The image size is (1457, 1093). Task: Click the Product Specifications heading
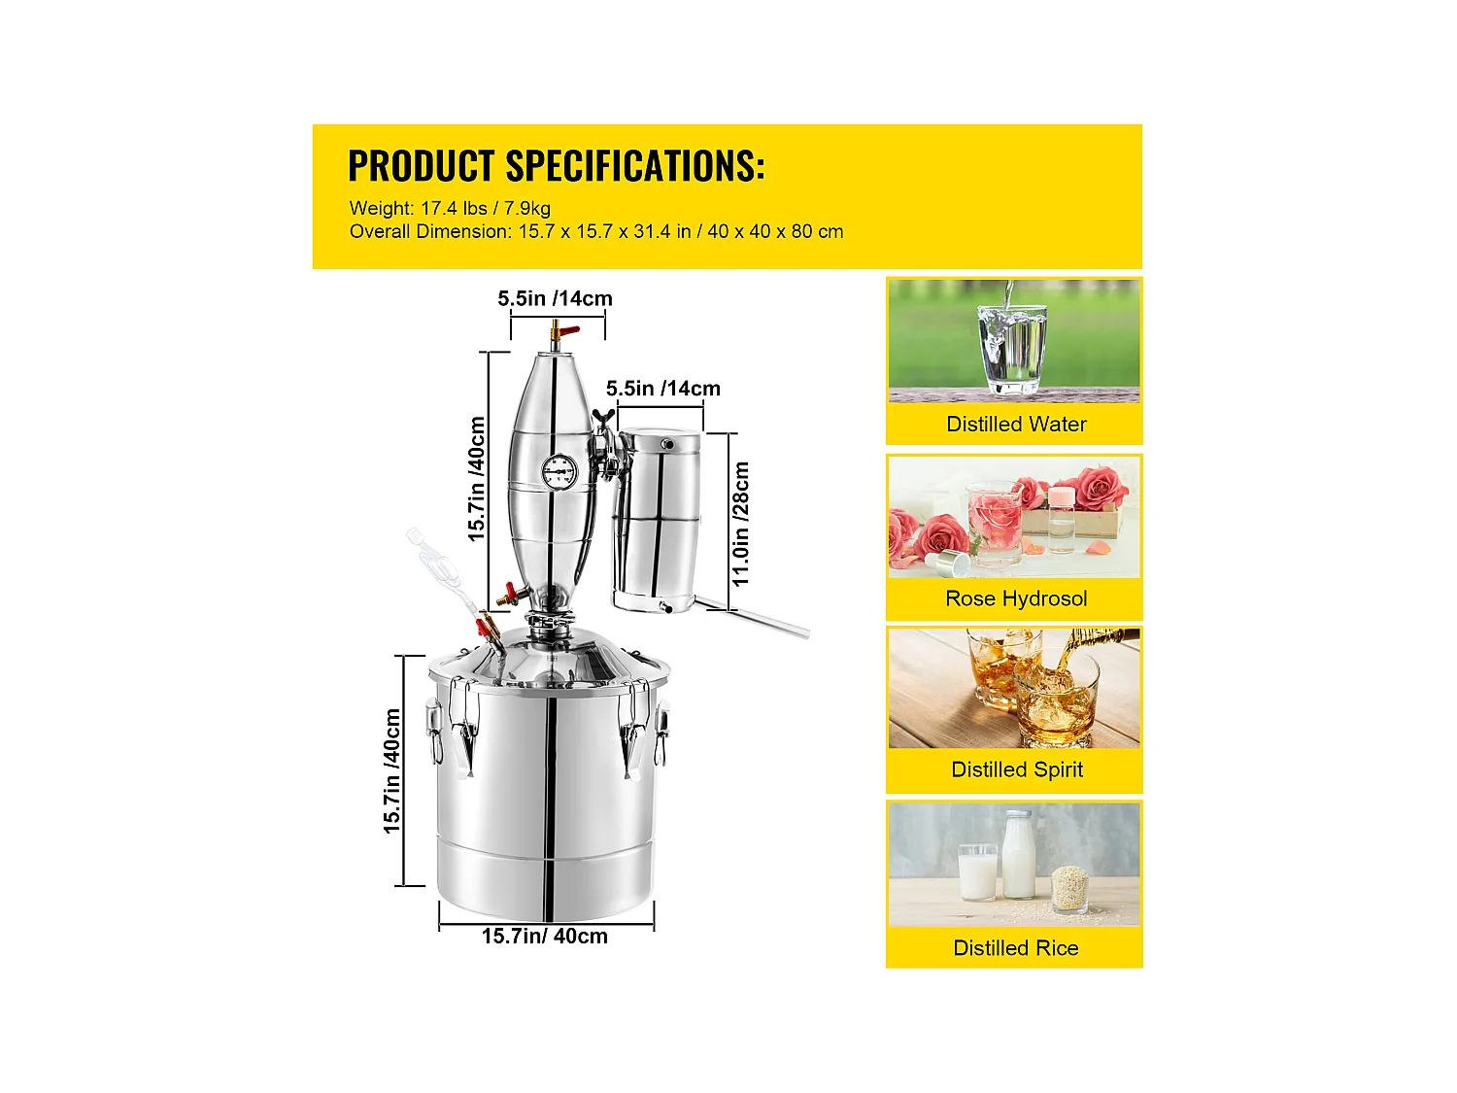coord(556,166)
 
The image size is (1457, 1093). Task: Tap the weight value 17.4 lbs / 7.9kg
coord(485,208)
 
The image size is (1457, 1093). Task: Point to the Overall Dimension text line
coord(595,232)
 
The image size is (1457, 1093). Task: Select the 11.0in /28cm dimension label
coord(741,524)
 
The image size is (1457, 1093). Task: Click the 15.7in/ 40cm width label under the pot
coord(544,937)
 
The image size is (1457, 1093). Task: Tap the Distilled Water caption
coord(1015,425)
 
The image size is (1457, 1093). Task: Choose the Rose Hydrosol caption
coord(1015,598)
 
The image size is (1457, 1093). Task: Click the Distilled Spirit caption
coord(1016,769)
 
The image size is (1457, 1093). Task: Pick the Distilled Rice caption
coord(1015,948)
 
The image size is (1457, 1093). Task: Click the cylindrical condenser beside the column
coord(657,519)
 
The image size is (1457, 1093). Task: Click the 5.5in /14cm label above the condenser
coord(663,389)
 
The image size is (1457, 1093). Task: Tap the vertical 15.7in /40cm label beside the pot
coord(391,770)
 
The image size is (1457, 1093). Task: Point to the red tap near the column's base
coord(506,594)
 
